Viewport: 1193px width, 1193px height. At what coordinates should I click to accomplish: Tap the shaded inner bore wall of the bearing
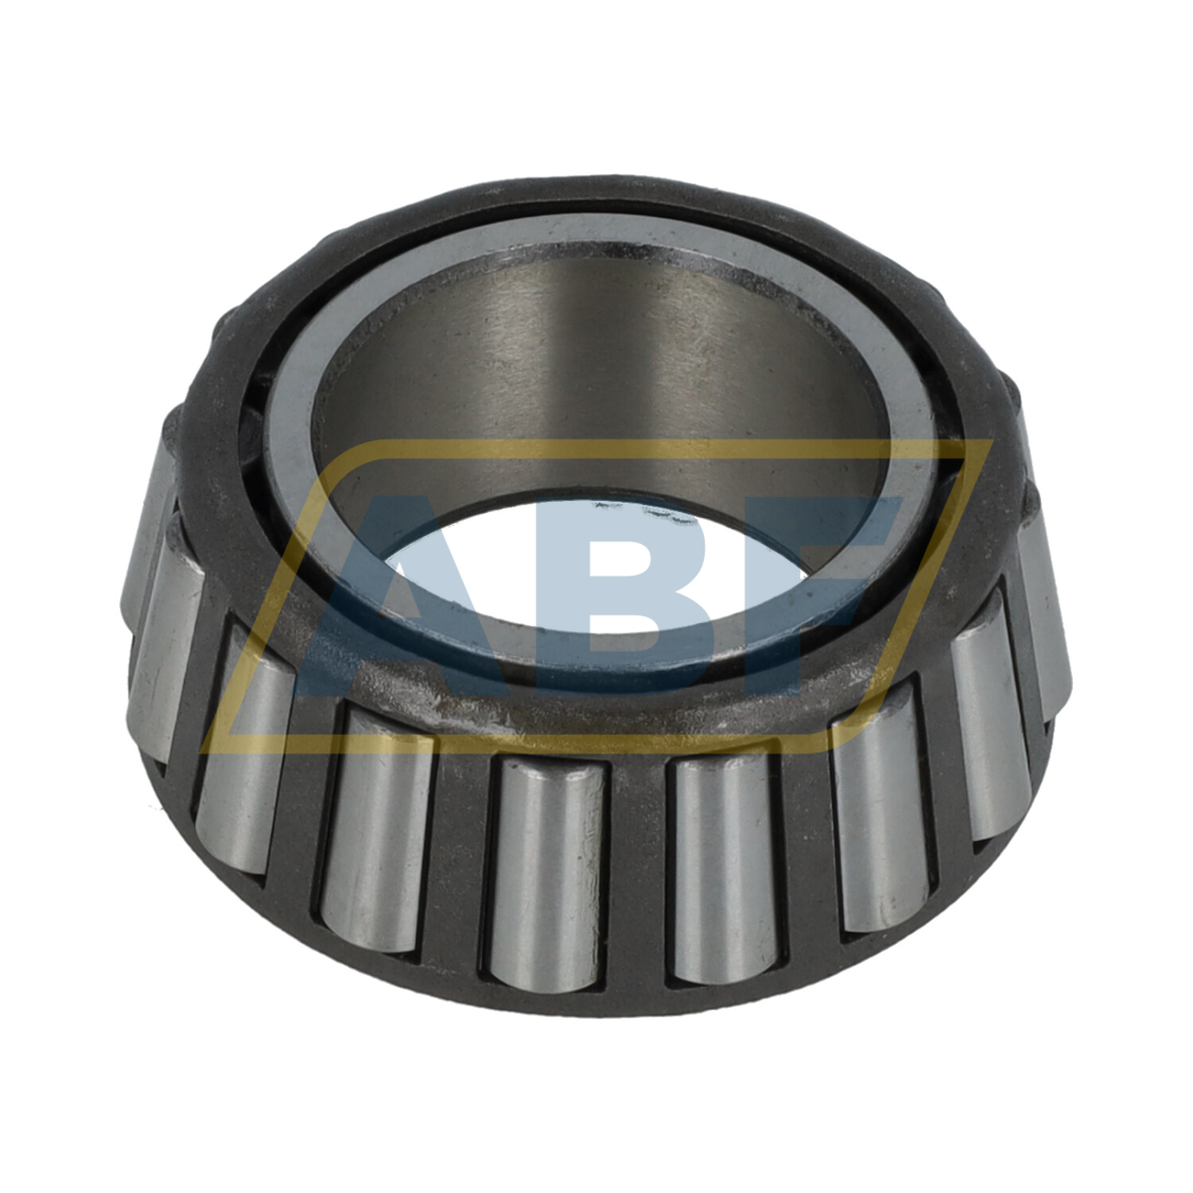604,358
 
